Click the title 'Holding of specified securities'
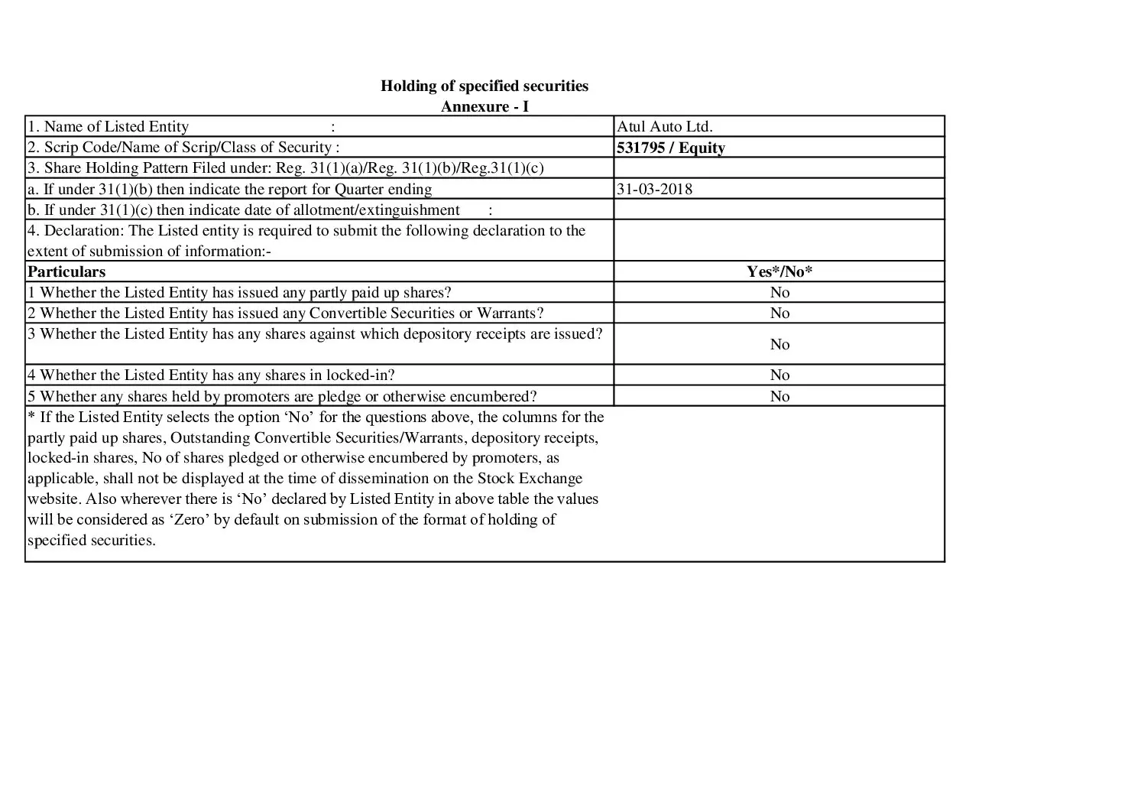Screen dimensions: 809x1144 [x=484, y=86]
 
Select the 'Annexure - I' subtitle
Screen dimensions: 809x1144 [x=484, y=106]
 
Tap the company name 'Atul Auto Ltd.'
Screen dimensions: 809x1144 [x=664, y=127]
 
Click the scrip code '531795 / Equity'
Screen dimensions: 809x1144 [x=670, y=148]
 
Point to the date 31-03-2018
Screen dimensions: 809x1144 [x=654, y=189]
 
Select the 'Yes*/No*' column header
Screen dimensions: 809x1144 [x=779, y=271]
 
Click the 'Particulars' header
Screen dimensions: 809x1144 [x=66, y=271]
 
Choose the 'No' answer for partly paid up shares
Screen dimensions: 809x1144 [x=779, y=292]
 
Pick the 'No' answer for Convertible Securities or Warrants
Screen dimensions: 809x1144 [x=779, y=313]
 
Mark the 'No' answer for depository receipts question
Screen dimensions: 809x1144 [x=779, y=344]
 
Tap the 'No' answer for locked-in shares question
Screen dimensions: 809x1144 [x=779, y=375]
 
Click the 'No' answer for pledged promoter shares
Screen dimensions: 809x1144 [x=779, y=396]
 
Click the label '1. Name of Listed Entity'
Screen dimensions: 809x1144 [x=108, y=127]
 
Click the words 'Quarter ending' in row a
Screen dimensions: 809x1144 [x=384, y=189]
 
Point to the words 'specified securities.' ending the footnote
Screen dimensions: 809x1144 [x=92, y=541]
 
